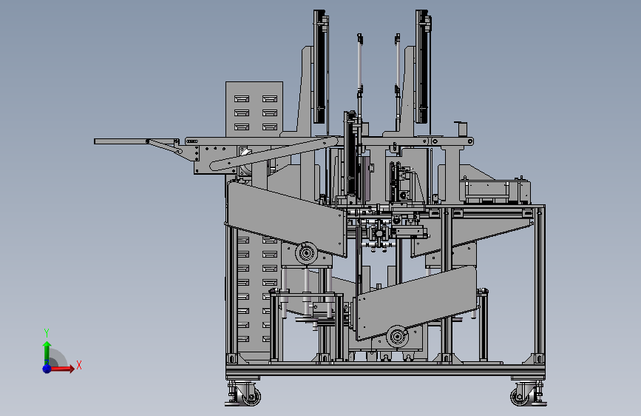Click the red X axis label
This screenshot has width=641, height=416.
click(79, 365)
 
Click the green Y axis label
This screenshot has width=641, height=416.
click(47, 332)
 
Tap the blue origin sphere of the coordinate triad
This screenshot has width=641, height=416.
click(47, 369)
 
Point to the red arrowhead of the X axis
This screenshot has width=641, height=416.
click(72, 369)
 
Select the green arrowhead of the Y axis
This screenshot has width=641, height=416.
click(47, 345)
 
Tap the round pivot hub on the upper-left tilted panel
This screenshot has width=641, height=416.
click(306, 253)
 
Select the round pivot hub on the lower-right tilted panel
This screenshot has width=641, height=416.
click(397, 336)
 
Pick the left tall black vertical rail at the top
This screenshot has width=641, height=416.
click(319, 67)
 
